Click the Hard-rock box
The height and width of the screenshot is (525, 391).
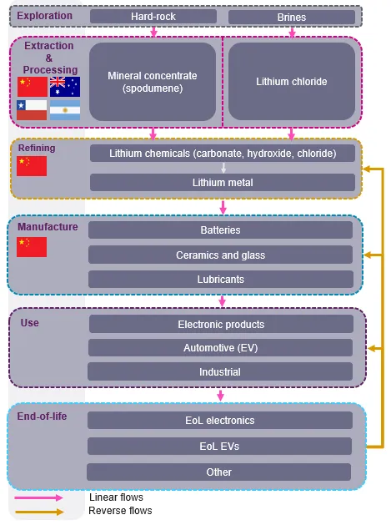point(153,17)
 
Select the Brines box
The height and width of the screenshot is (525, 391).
point(292,17)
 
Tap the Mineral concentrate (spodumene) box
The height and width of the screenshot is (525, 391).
point(153,82)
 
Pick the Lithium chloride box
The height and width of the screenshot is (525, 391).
point(292,81)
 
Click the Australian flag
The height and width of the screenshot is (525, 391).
point(65,87)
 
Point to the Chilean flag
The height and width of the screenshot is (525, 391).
point(32,110)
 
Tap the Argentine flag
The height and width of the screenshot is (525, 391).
point(65,110)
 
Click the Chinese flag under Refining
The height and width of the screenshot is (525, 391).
point(32,166)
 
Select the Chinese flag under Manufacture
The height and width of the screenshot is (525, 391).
point(32,247)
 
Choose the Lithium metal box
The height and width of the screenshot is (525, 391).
point(223,183)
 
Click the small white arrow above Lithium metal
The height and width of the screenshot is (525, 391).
point(223,168)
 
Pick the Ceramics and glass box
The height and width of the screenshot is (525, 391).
point(220,255)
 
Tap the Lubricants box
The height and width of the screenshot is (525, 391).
point(221,280)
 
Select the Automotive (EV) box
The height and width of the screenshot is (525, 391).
point(220,348)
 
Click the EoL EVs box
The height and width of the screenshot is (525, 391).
point(219,446)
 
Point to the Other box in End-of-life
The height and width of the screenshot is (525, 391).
point(218,472)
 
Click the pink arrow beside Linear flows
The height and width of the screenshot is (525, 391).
point(39,498)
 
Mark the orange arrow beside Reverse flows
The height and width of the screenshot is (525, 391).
point(39,512)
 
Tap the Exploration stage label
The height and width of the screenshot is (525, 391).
point(44,16)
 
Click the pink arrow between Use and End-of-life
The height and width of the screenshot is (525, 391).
point(220,395)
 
